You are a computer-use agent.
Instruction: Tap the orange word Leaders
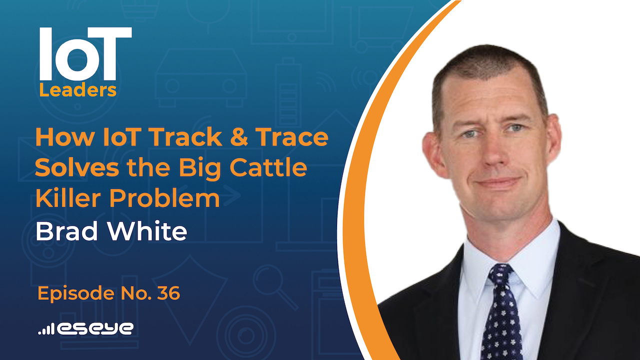pos(78,90)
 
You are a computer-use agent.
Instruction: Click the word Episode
pos(69,294)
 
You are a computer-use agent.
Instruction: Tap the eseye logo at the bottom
pos(95,328)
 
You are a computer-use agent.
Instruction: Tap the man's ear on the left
pos(430,152)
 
